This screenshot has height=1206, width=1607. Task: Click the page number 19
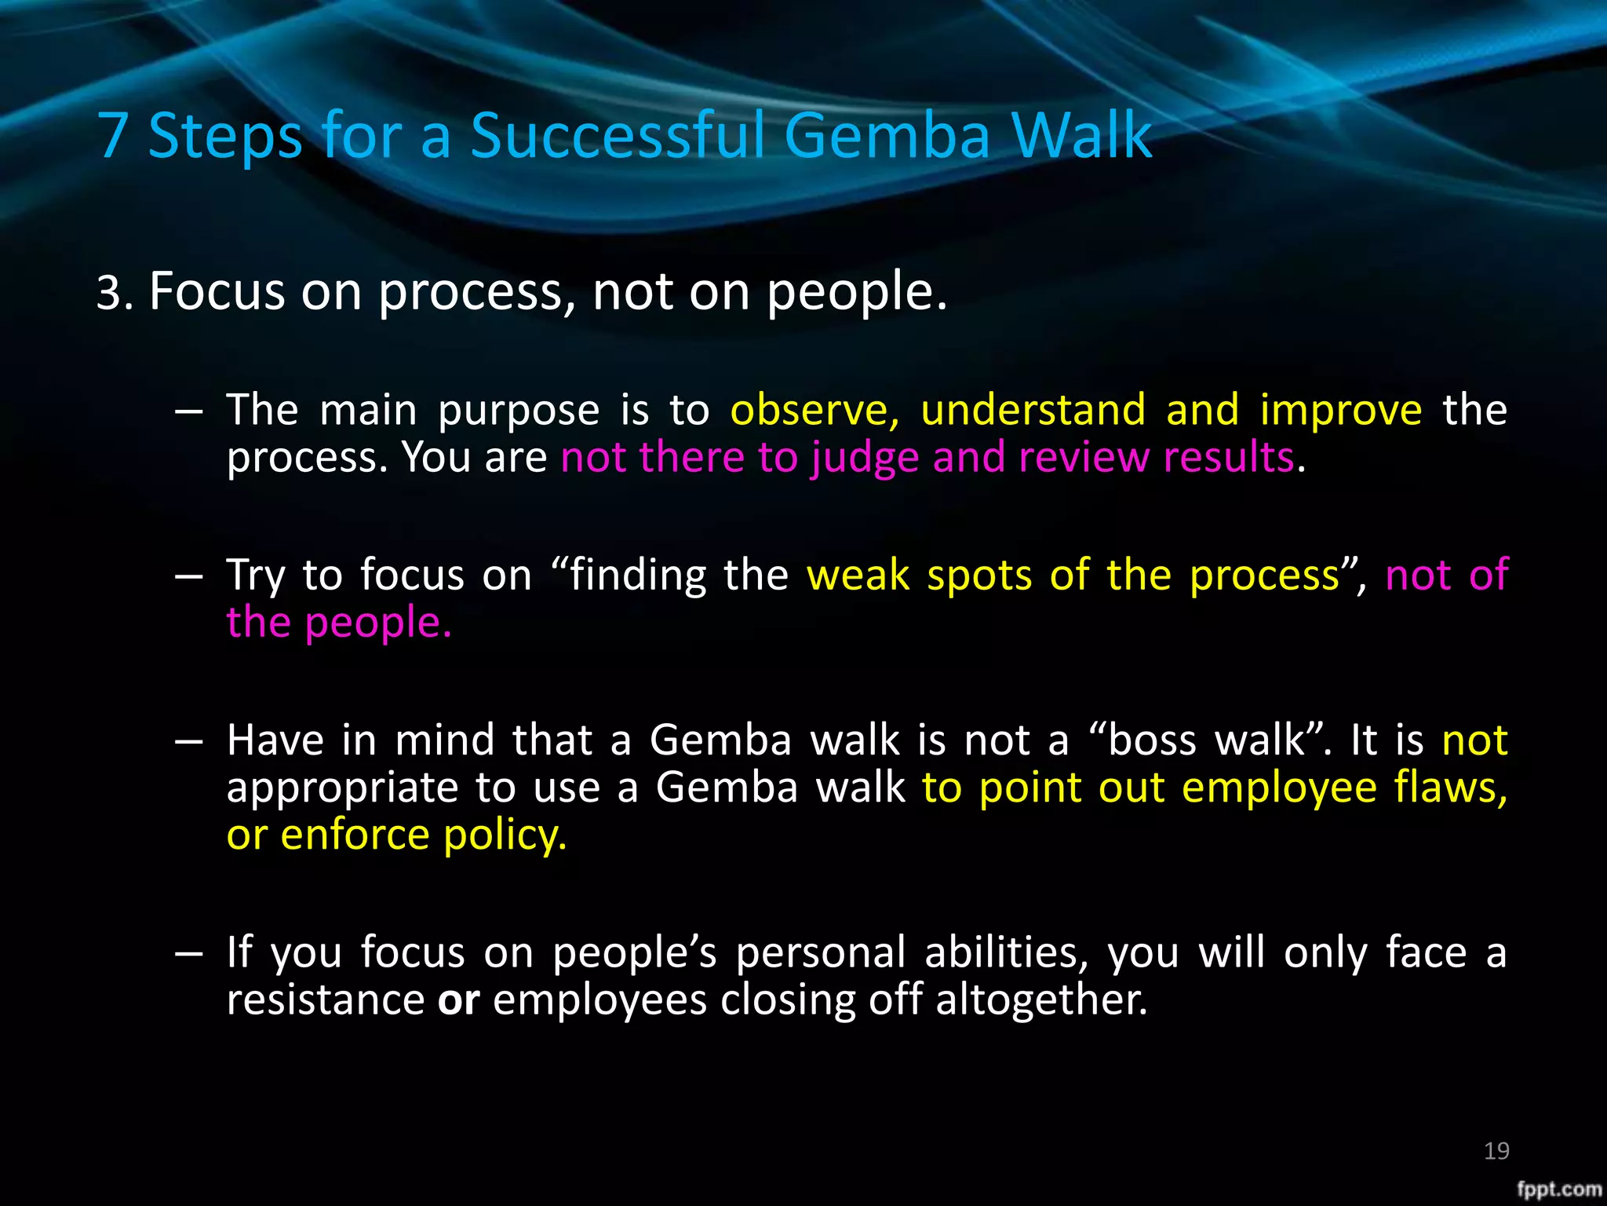[1496, 1151]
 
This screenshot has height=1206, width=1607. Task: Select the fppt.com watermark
[1558, 1189]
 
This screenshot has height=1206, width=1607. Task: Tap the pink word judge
[865, 459]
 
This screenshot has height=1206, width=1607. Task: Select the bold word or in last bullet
[458, 1001]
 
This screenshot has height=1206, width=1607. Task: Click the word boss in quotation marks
[1153, 740]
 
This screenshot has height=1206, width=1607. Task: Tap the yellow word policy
[505, 836]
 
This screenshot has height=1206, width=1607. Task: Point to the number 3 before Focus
[109, 293]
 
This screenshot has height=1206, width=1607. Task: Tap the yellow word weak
[858, 575]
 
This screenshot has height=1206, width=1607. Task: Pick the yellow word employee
[1278, 789]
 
